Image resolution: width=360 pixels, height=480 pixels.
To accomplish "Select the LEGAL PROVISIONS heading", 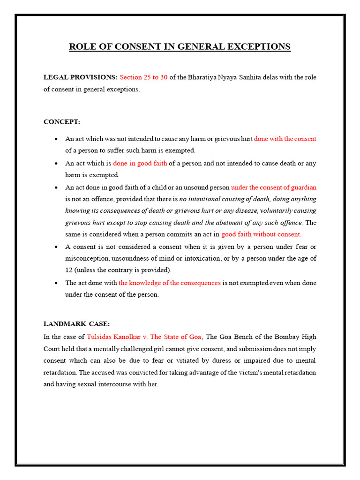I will pos(80,77).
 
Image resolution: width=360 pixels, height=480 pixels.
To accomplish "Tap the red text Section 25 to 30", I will pos(143,77).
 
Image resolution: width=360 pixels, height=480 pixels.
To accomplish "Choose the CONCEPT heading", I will pos(62,122).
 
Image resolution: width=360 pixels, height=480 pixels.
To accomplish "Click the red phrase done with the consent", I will pos(285,139).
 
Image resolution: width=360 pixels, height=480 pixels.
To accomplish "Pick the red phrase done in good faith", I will pos(140,163).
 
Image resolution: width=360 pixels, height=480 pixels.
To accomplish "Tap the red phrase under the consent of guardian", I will pos(274,187).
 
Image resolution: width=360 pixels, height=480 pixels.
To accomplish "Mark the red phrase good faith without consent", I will pos(262,234).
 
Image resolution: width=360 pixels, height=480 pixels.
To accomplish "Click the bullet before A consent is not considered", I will pos(56,247).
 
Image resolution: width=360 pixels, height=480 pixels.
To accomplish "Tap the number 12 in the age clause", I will pos(69,270).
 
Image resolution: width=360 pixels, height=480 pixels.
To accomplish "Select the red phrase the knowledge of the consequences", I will pos(169,283).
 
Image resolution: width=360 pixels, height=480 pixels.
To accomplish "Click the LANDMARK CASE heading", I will pos(76,324).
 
